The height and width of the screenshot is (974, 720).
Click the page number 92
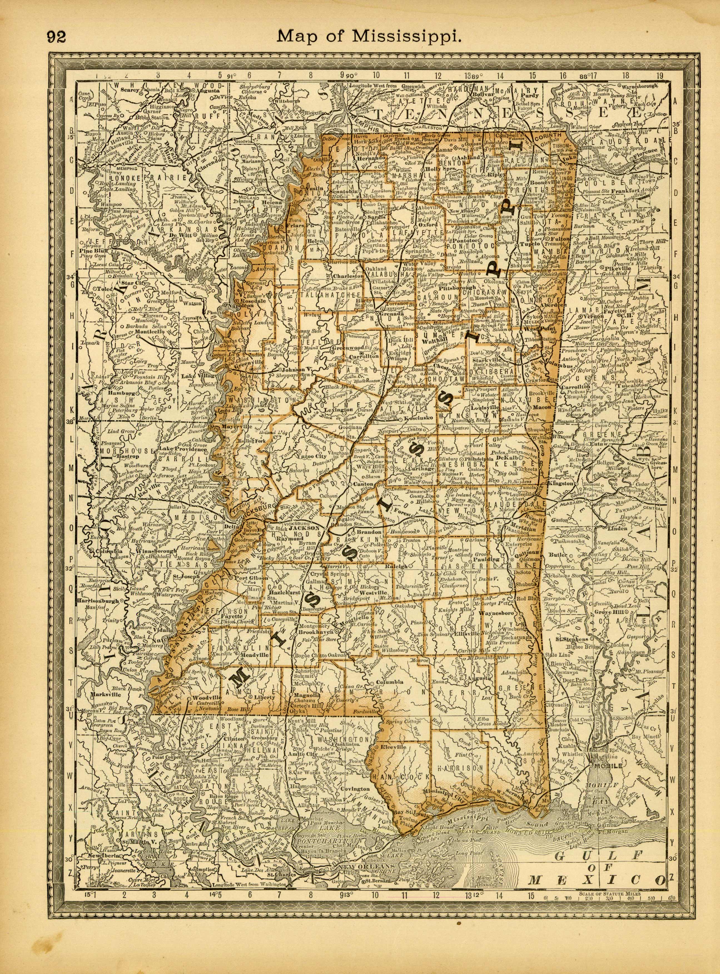[57, 37]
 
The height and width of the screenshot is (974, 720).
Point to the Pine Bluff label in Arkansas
[91, 251]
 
